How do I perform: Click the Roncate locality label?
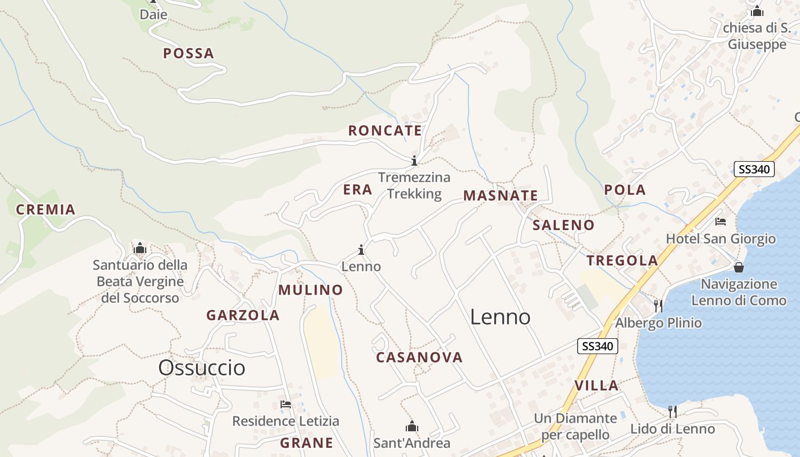click(x=385, y=130)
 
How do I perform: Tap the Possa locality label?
click(x=189, y=54)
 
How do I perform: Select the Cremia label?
click(x=46, y=210)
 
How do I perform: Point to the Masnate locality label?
click(x=501, y=196)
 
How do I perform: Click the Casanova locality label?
click(x=419, y=358)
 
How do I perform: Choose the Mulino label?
click(x=311, y=290)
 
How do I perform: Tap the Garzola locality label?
click(x=243, y=315)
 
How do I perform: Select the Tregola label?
click(x=622, y=261)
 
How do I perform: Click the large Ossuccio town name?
click(x=202, y=367)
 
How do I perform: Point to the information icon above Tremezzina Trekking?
click(x=414, y=161)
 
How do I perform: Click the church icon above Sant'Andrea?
click(x=411, y=426)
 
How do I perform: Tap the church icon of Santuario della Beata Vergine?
click(x=140, y=248)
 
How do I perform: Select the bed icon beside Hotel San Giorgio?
click(x=721, y=222)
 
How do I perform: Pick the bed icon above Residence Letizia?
click(x=286, y=404)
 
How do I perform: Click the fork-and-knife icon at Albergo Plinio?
click(x=658, y=306)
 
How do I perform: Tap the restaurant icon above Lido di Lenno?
click(x=673, y=411)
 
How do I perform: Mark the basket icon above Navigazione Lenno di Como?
click(x=739, y=267)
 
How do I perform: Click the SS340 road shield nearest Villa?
click(x=598, y=346)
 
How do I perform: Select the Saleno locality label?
click(x=563, y=225)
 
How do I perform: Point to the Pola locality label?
click(x=625, y=190)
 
